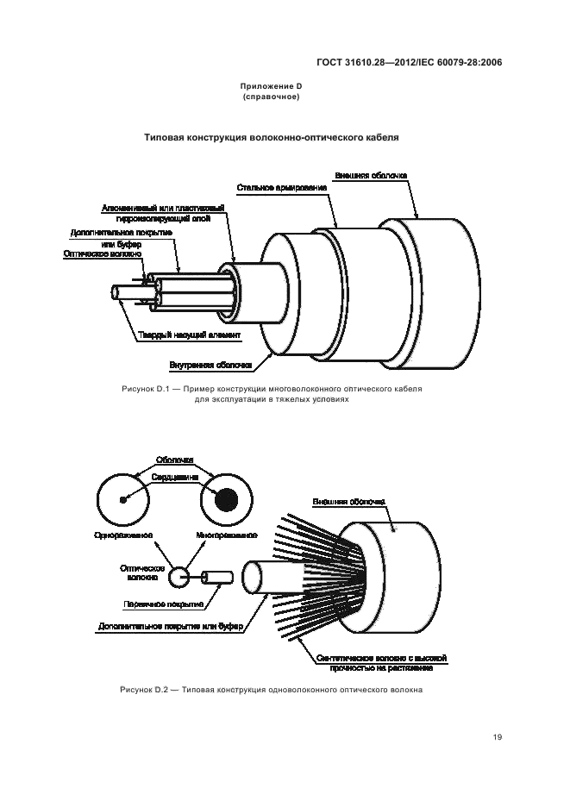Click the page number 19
pos(498,736)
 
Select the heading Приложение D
pos(271,87)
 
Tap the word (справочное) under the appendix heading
pos(271,97)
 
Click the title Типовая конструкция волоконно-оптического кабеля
pos(271,137)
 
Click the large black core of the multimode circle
pos(227,499)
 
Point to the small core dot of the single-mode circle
pos(123,499)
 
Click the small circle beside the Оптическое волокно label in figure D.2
pos(179,576)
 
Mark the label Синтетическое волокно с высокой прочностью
pos(380,660)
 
